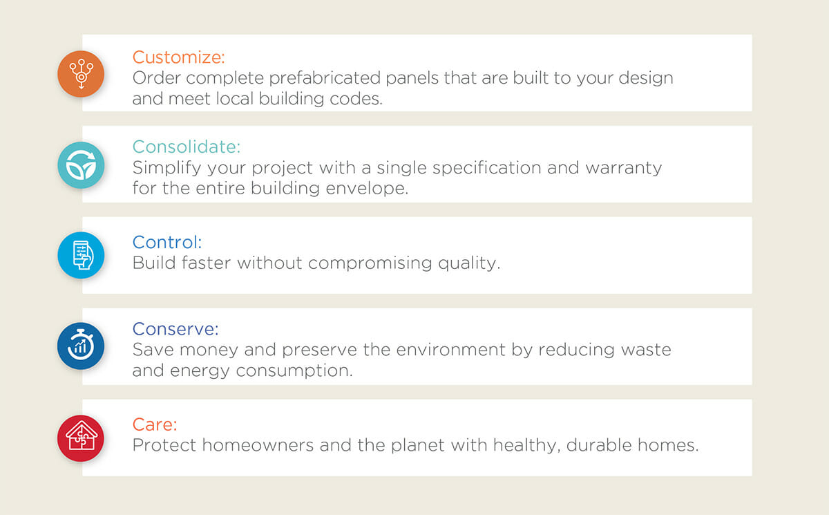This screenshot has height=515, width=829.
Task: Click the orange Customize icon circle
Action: (81, 74)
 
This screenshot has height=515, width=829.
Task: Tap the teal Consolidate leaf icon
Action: (81, 165)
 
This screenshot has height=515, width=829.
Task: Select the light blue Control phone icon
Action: (81, 255)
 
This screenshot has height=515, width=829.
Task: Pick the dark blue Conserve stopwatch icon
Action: (81, 346)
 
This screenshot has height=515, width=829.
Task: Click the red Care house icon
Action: (81, 438)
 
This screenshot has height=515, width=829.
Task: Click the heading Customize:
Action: (179, 57)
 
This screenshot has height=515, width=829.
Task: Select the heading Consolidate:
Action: (187, 147)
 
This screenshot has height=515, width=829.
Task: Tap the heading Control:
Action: (167, 242)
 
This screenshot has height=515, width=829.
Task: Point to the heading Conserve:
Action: (175, 329)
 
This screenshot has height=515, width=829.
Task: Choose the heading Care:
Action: (155, 424)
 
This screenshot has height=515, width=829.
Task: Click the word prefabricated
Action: (325, 78)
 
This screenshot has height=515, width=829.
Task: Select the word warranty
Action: (624, 169)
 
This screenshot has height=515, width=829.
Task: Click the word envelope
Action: (367, 189)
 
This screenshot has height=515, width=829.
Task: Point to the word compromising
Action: (370, 263)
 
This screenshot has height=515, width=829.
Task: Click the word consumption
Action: (294, 371)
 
